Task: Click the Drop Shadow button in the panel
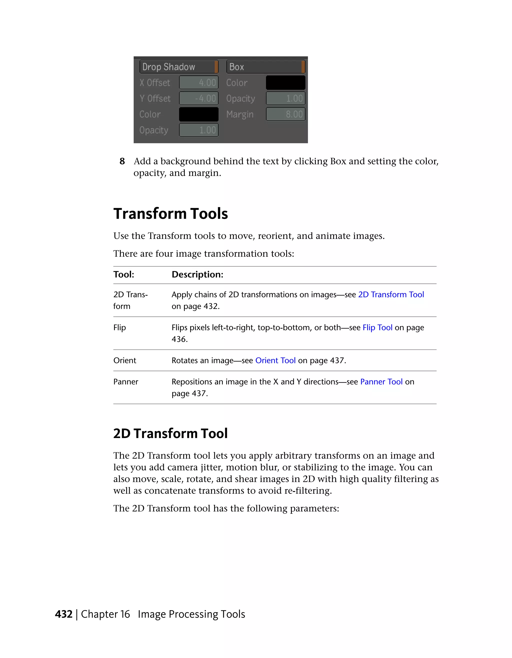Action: point(178,67)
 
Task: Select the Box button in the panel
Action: point(265,67)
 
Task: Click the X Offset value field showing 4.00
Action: point(198,82)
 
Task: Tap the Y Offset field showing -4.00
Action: point(198,98)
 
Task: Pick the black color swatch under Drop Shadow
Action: point(198,114)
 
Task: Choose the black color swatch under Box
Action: point(285,82)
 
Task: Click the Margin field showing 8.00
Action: point(285,114)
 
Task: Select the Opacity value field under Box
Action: point(285,98)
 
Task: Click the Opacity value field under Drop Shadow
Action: point(198,130)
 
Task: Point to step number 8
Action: point(122,161)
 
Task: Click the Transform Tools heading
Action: point(170,214)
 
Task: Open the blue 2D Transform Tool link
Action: point(391,294)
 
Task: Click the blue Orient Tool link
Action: point(275,360)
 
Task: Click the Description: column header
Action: point(197,274)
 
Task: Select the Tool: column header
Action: point(123,274)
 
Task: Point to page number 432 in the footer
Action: point(63,614)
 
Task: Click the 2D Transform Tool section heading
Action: point(170,434)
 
